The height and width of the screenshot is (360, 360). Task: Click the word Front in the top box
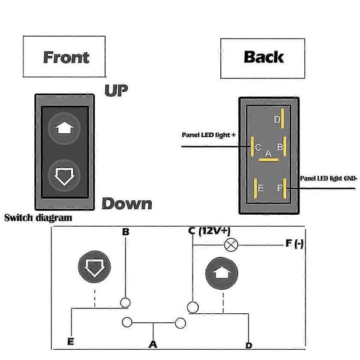(66, 57)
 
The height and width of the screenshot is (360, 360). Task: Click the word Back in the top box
(264, 57)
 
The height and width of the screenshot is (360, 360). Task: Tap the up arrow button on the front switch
(64, 128)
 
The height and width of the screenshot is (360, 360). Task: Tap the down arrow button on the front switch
(64, 176)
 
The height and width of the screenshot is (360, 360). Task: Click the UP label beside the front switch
(116, 91)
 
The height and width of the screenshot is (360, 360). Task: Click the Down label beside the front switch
(127, 203)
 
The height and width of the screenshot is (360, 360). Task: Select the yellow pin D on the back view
(283, 118)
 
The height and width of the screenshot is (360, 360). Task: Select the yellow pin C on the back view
(253, 146)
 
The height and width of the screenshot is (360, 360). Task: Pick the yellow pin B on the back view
(285, 146)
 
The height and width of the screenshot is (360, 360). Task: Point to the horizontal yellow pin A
(269, 160)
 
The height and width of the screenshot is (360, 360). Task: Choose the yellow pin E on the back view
(256, 188)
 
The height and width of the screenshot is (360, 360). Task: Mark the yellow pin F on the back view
(285, 188)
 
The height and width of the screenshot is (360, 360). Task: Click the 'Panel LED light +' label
(209, 135)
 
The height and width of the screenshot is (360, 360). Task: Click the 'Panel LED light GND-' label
(329, 178)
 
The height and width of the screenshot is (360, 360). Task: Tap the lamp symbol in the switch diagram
(231, 245)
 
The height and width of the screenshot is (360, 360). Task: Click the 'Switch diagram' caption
(38, 218)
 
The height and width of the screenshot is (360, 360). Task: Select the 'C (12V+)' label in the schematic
(209, 231)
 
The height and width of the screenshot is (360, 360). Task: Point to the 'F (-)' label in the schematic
(295, 244)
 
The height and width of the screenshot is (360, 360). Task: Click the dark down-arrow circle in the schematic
(94, 267)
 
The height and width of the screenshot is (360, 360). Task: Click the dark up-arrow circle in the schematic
(221, 273)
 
